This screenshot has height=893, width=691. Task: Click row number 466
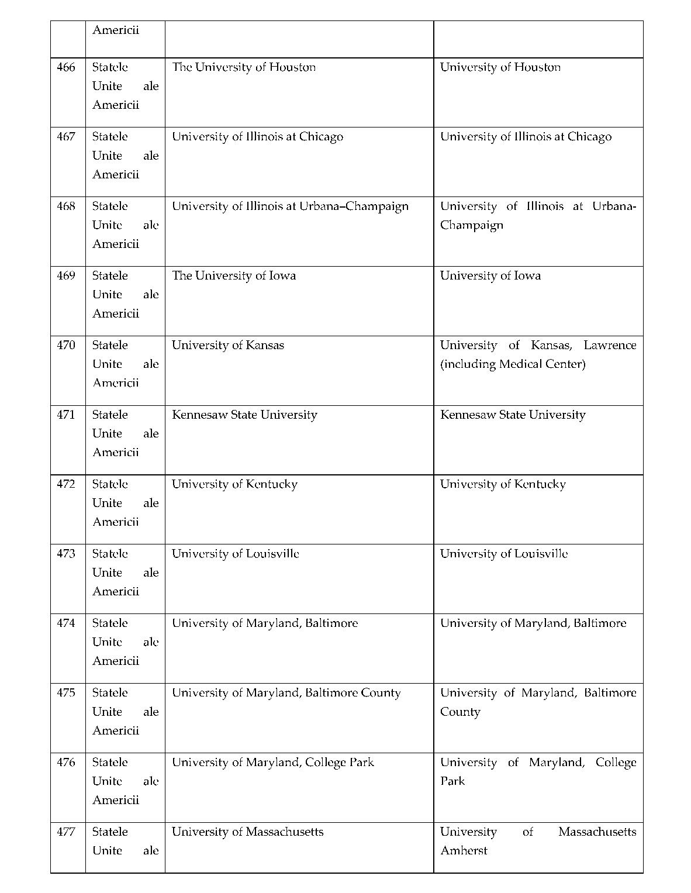pyautogui.click(x=66, y=67)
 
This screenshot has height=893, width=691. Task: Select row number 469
pyautogui.click(x=66, y=275)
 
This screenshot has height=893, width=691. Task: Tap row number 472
pyautogui.click(x=66, y=484)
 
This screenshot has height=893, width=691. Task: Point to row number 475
pyautogui.click(x=66, y=692)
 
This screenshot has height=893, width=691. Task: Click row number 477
pyautogui.click(x=66, y=832)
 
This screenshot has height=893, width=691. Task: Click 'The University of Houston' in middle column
pyautogui.click(x=244, y=67)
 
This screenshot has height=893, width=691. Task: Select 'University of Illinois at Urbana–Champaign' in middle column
pyautogui.click(x=290, y=206)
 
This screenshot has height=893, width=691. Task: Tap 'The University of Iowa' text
pyautogui.click(x=234, y=275)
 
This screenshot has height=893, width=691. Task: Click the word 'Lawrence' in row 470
pyautogui.click(x=610, y=345)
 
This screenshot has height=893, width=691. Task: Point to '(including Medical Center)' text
pyautogui.click(x=513, y=364)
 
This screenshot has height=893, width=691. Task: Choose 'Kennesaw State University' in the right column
pyautogui.click(x=513, y=415)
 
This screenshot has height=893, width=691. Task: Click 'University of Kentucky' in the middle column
pyautogui.click(x=234, y=484)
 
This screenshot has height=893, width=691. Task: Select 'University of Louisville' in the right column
pyautogui.click(x=504, y=554)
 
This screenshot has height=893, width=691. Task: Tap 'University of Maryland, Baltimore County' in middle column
pyautogui.click(x=286, y=693)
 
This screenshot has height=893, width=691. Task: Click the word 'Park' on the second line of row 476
pyautogui.click(x=452, y=781)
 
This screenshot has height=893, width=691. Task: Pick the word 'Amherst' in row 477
pyautogui.click(x=464, y=851)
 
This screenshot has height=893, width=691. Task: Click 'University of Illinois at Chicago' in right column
pyautogui.click(x=526, y=137)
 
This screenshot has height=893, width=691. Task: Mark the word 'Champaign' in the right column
pyautogui.click(x=472, y=225)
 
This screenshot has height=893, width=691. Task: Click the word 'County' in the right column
pyautogui.click(x=460, y=712)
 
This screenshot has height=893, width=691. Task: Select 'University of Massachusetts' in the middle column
pyautogui.click(x=247, y=832)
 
